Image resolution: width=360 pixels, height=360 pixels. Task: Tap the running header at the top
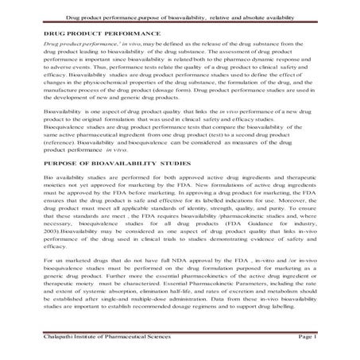(180, 14)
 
